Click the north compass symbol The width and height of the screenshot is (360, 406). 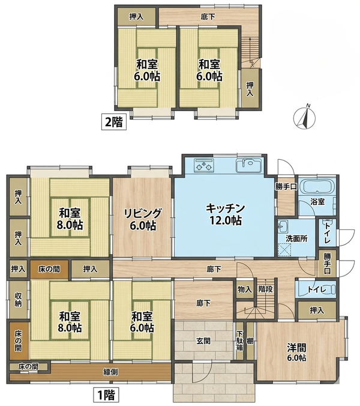[x=305, y=117]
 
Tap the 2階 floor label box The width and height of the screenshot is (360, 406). [x=114, y=121]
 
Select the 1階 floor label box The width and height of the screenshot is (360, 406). [x=106, y=395]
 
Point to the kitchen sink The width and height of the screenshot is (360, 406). [x=248, y=165]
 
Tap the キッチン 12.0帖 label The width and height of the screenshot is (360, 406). [x=226, y=214]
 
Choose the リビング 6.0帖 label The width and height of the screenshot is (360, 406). [x=143, y=219]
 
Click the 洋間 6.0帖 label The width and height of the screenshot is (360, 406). [x=296, y=352]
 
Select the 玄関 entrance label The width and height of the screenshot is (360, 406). [x=203, y=341]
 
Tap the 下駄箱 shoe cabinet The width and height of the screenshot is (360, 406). [x=240, y=341]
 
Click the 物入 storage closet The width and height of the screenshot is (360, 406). [x=245, y=289]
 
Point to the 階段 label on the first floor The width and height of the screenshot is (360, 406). [x=266, y=289]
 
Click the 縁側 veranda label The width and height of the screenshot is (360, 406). [x=110, y=372]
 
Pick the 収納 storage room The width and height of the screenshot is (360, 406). [x=18, y=300]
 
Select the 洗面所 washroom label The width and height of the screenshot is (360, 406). [x=296, y=238]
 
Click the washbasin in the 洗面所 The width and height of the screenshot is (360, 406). [x=283, y=227]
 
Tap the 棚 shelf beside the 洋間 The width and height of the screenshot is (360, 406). [x=250, y=341]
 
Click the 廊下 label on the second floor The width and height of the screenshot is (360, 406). [x=208, y=17]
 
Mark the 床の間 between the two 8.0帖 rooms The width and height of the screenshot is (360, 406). [x=49, y=269]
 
